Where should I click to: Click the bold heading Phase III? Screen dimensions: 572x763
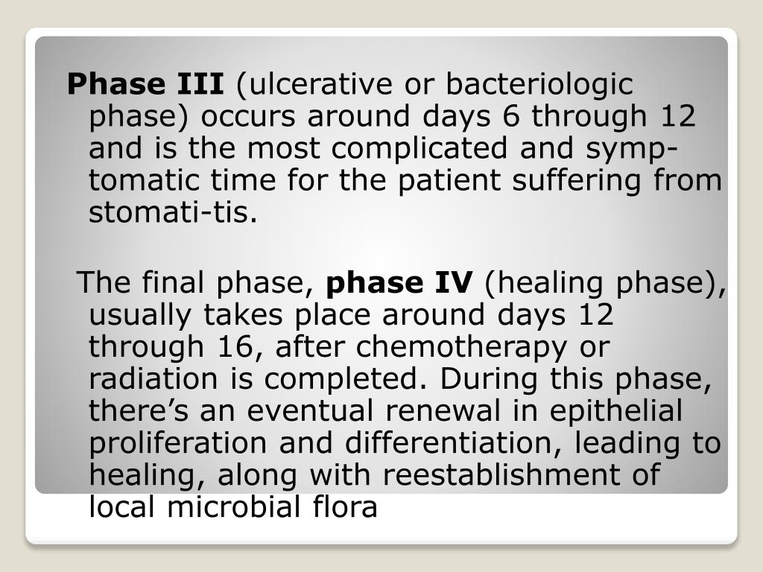pyautogui.click(x=145, y=85)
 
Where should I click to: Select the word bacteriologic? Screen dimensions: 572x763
pyautogui.click(x=539, y=85)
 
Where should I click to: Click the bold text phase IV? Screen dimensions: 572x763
pyautogui.click(x=400, y=283)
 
